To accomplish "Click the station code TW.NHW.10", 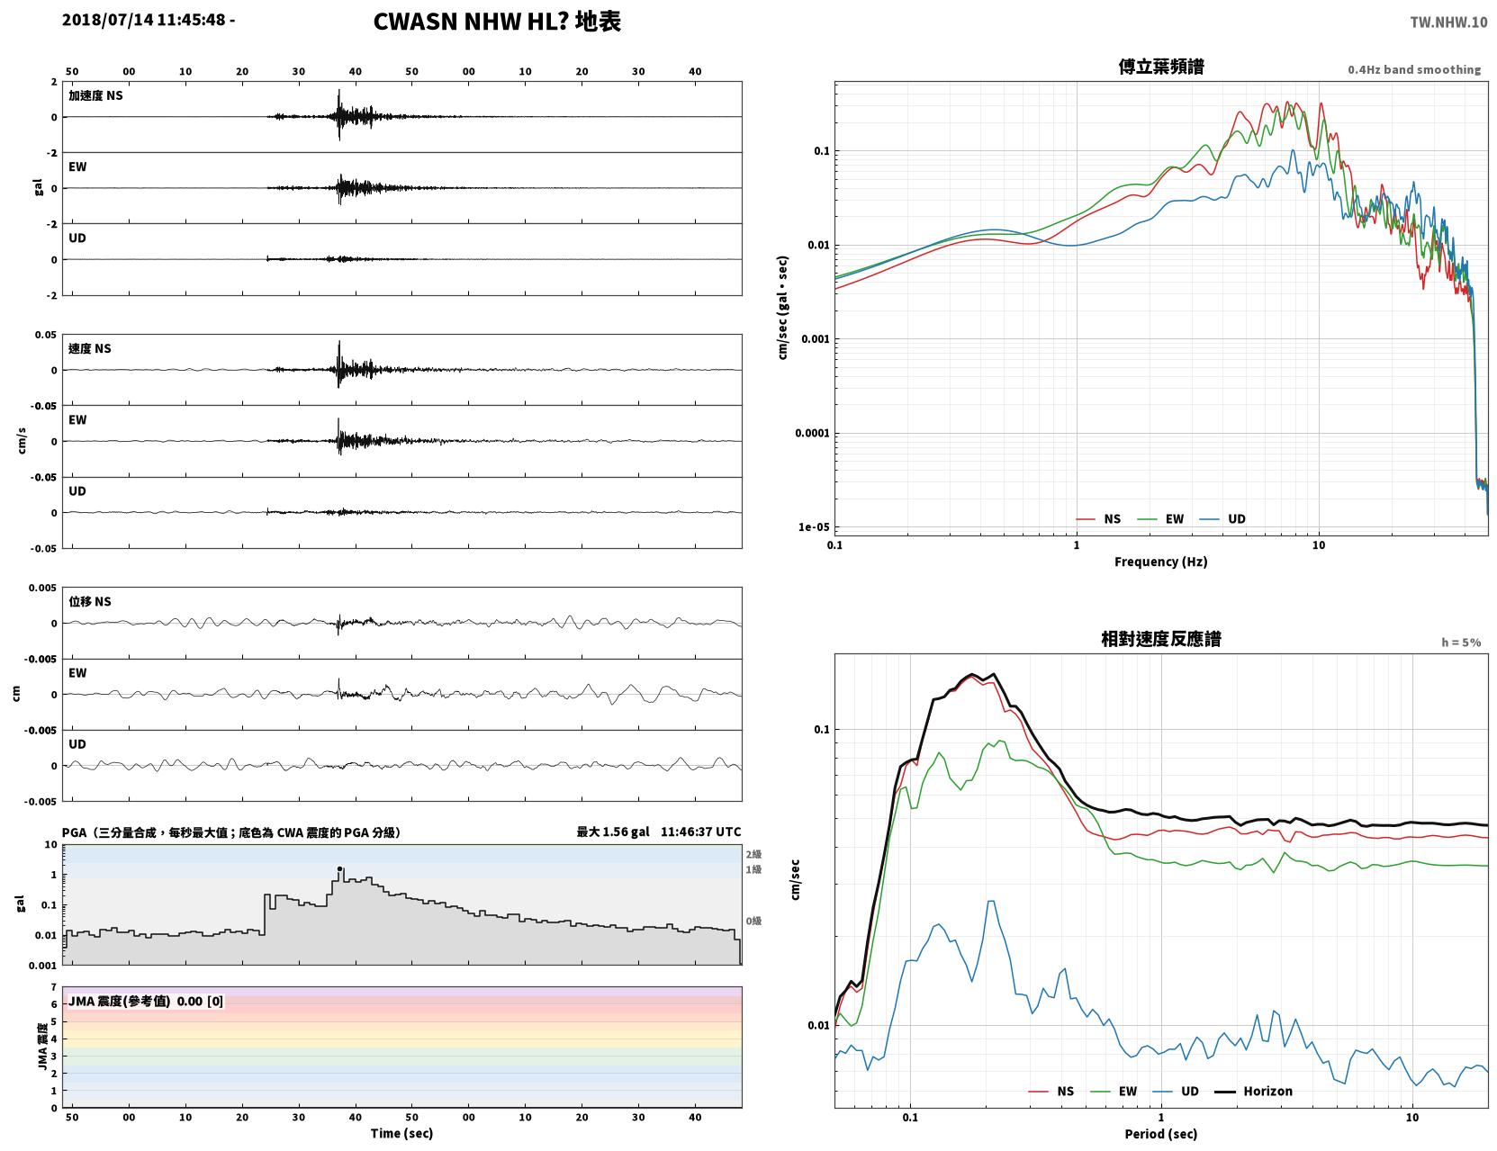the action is click(1448, 22).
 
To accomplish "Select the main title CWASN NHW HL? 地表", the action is click(497, 22).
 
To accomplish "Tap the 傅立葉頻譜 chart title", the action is click(1161, 67).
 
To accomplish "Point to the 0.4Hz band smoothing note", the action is click(1413, 69).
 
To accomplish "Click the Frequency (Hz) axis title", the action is click(1161, 562).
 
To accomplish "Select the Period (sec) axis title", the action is click(1161, 1134).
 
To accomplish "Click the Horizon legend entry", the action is click(1253, 1091).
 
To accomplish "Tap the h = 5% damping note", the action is click(1460, 643).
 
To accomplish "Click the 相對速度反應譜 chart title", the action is click(1161, 639).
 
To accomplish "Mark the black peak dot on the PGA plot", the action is click(339, 868).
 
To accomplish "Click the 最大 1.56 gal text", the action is click(612, 832).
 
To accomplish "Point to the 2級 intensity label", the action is click(753, 854).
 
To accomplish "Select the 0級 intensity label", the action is click(753, 922).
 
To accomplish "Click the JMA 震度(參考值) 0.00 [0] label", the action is click(145, 1001).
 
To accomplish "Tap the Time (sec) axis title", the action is click(401, 1133).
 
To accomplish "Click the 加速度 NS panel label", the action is click(95, 95).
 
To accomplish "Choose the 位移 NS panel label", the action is click(89, 602).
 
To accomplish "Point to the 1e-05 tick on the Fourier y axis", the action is click(814, 527).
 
